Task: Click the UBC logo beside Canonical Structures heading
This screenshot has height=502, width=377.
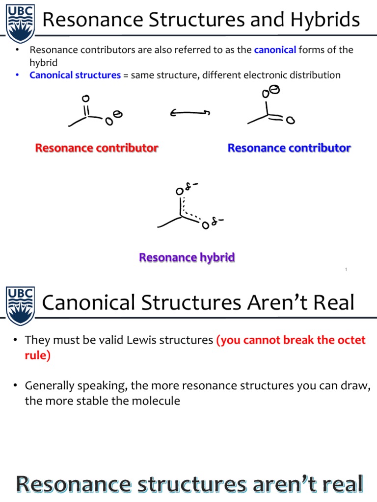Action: click(x=20, y=304)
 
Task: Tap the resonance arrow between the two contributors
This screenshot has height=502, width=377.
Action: click(x=190, y=113)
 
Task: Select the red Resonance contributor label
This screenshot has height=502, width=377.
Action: click(x=97, y=148)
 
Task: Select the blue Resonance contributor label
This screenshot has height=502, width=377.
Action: click(x=289, y=148)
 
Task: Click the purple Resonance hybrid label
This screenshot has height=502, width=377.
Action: click(x=187, y=257)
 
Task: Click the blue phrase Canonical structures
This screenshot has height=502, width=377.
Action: click(x=75, y=75)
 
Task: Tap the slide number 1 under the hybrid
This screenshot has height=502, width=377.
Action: click(x=346, y=269)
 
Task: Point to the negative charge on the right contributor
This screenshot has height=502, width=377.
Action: click(x=275, y=89)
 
